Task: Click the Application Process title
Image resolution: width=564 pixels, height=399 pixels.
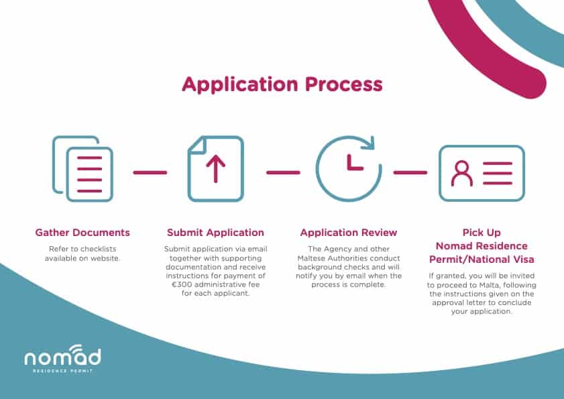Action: click(282, 85)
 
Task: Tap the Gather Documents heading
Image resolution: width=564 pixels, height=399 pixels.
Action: click(82, 233)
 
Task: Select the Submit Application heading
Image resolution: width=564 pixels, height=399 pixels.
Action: click(215, 233)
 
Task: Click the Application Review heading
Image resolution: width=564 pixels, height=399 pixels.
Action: click(349, 233)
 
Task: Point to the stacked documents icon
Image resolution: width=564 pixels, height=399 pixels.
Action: click(82, 168)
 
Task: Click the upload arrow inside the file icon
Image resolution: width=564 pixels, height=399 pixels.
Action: click(216, 169)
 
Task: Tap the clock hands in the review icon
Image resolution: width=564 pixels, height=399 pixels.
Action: click(354, 163)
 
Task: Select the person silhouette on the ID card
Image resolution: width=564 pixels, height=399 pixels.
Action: click(462, 174)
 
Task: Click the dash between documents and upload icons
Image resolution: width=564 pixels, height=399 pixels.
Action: click(150, 173)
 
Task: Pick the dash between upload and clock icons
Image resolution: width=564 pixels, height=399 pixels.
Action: click(283, 173)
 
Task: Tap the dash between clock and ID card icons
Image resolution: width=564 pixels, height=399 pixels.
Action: click(410, 173)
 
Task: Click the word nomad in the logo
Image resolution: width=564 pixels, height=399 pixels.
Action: click(62, 357)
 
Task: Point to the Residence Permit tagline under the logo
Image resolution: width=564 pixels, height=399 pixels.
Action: click(62, 371)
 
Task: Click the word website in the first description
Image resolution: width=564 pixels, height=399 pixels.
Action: click(105, 258)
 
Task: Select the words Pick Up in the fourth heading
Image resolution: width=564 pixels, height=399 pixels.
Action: click(482, 233)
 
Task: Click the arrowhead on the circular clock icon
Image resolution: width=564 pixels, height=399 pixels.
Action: click(368, 143)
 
